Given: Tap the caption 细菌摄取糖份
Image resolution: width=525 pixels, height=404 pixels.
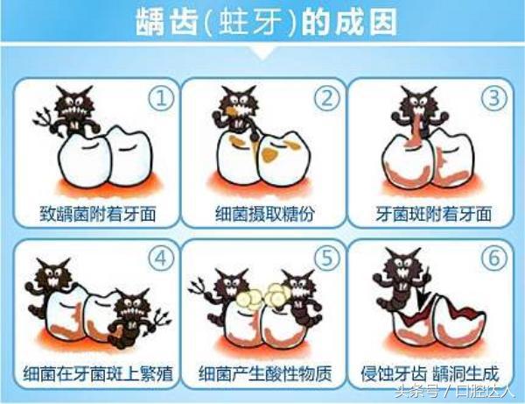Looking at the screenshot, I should (263, 213).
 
